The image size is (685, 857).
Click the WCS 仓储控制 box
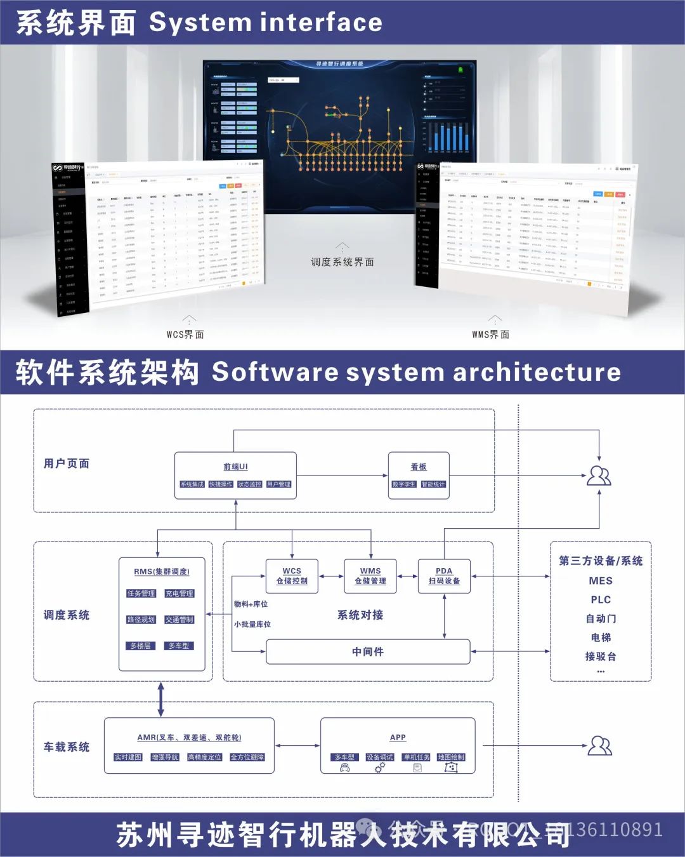pos(292,576)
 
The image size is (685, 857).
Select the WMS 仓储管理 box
pos(370,576)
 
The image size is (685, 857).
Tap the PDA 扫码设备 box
pos(444,576)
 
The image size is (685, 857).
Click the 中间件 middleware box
pos(368,652)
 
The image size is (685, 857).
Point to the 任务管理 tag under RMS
pos(141,594)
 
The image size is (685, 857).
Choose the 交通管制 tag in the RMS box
pos(179,620)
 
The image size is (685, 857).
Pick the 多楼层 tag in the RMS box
pos(141,646)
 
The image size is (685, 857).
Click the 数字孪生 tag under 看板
pos(404,484)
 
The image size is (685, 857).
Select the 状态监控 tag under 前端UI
pos(250,484)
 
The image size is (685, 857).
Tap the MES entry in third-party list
pos(601,581)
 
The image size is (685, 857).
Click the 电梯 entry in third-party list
pos(601,637)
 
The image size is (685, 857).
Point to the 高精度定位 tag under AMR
pos(205,757)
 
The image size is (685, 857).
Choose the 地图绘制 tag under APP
pos(451,757)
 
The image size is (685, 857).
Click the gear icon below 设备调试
pos(380,768)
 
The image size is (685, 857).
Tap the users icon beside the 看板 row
pos(599,475)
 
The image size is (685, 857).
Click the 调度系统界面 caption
pos(342,262)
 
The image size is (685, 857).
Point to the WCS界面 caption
pos(185,335)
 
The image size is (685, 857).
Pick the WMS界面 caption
pos(490,335)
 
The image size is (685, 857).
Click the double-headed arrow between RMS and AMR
pos(161,700)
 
